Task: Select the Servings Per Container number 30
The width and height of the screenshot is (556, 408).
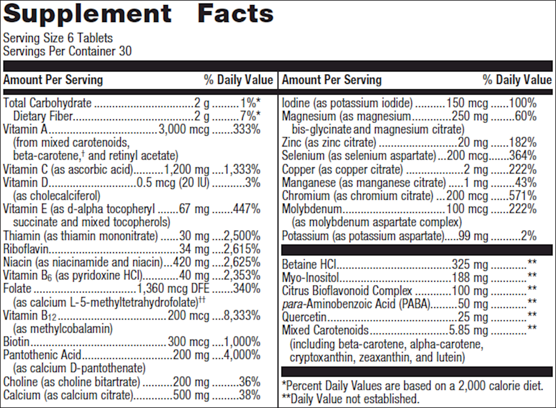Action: tap(125, 51)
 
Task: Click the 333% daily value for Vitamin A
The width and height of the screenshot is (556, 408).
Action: tap(247, 129)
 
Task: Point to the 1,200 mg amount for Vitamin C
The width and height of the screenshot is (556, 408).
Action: tap(186, 169)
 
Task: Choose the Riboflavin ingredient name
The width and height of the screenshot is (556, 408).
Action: tap(26, 249)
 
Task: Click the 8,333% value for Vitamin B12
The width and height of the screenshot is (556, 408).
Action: tap(242, 316)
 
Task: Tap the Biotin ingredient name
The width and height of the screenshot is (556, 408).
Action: tap(16, 342)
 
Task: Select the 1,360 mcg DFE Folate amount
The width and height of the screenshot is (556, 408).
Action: tap(173, 289)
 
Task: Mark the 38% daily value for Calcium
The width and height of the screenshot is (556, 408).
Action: tap(249, 395)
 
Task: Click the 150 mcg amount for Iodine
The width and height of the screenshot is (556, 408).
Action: tap(467, 103)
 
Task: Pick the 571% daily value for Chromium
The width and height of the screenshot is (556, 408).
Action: tap(523, 196)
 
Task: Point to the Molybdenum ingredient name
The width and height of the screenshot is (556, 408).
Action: tap(312, 209)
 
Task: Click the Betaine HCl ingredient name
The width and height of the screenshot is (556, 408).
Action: tap(309, 264)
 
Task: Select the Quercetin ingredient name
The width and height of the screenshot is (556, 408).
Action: tap(304, 317)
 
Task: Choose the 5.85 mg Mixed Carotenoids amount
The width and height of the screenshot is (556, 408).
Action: tap(468, 330)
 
